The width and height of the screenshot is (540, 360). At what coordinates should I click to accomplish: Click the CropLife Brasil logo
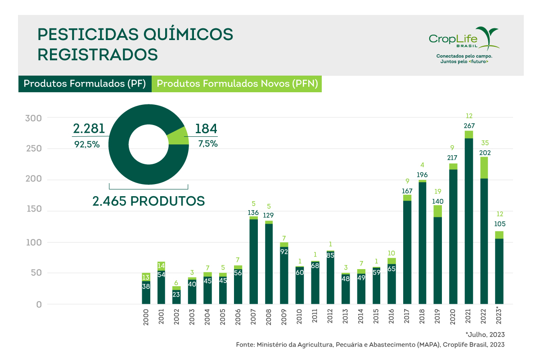pos(463,42)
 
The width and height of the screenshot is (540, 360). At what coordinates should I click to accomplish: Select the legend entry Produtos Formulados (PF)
pos(85,84)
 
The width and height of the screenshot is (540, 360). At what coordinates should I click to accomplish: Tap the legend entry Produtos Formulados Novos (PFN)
pos(237,84)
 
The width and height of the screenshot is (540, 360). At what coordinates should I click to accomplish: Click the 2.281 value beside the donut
pos(89,129)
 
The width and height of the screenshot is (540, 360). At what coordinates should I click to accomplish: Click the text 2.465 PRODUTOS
pos(148,201)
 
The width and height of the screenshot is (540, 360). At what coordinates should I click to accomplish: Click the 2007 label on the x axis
pos(253,318)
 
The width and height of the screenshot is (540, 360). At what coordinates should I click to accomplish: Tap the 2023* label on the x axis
pos(499,318)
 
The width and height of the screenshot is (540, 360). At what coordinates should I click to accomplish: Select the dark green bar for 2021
pos(468,220)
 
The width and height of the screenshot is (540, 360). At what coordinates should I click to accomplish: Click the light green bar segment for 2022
pos(484,167)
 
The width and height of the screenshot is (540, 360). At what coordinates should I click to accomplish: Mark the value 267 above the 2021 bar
pos(468,126)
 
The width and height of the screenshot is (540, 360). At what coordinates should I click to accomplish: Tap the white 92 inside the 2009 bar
pos(284,252)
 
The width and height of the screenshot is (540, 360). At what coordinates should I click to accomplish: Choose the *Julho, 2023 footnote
pos(485,334)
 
